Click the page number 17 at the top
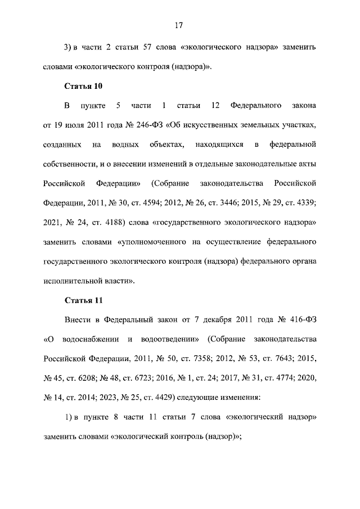[179, 25]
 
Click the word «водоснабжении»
[89, 339]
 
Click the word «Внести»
[76, 319]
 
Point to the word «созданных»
[61, 145]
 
